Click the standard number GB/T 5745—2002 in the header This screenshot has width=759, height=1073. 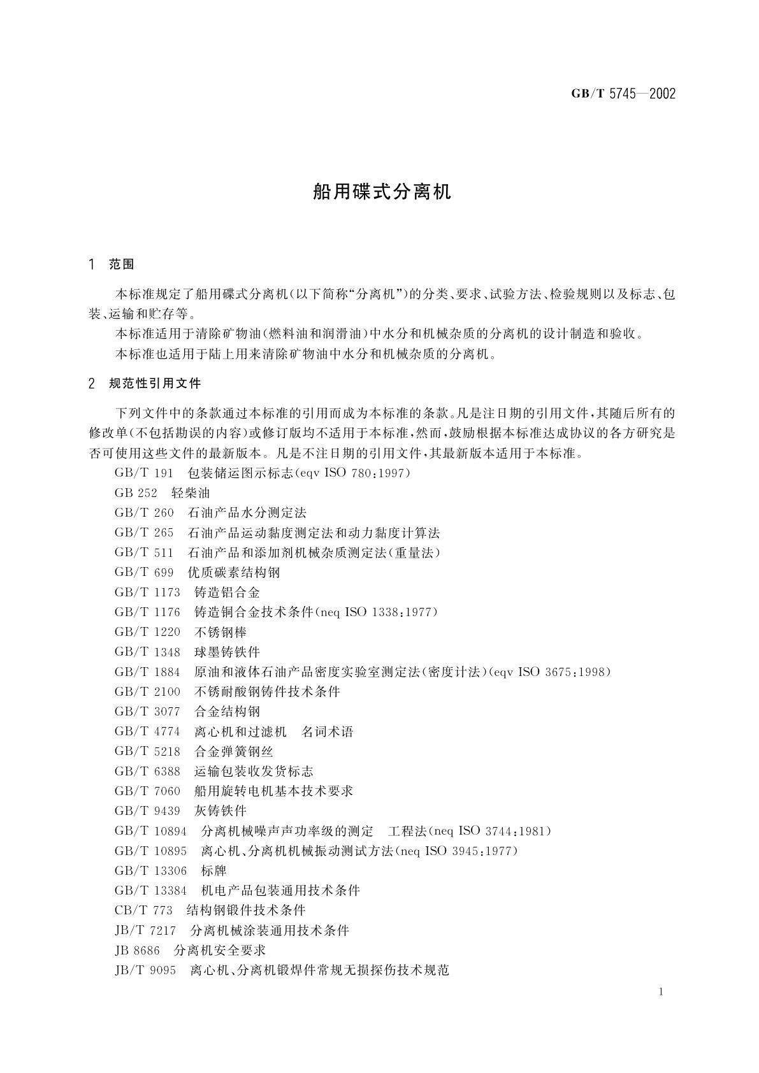pos(623,94)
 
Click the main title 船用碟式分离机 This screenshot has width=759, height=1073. pos(382,192)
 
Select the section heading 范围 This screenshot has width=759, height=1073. pos(122,264)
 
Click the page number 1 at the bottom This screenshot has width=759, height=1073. pos(661,991)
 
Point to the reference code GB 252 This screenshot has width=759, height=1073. pos(136,493)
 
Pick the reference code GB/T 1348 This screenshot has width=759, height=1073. pos(147,652)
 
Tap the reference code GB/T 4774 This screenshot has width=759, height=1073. pos(147,731)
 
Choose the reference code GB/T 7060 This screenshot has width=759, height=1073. pos(147,791)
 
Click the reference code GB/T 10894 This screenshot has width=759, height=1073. pos(150,831)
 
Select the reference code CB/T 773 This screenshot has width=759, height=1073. pos(143,911)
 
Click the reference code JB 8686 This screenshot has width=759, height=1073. pos(137,951)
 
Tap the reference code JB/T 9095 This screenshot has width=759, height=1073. pos(145,970)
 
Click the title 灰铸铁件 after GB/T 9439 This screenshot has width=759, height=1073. pos(220,811)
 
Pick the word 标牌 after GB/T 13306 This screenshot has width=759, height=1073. pos(213,871)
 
